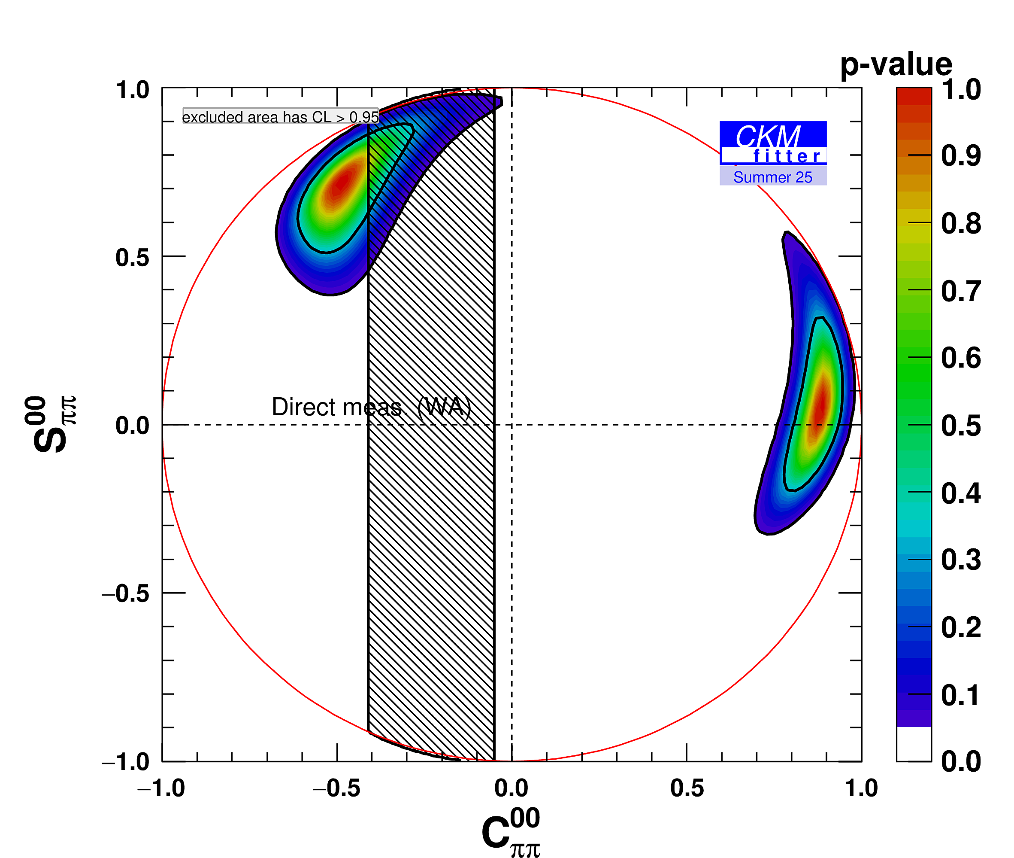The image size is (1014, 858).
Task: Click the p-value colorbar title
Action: click(x=896, y=64)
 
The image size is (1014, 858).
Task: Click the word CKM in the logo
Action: click(x=768, y=136)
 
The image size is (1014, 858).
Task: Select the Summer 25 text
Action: click(x=772, y=177)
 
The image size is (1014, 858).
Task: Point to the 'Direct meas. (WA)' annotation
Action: click(x=371, y=407)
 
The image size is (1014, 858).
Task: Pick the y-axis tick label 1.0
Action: click(x=132, y=91)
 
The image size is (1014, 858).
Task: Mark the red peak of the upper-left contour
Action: click(x=342, y=183)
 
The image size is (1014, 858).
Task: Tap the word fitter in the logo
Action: click(x=786, y=157)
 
